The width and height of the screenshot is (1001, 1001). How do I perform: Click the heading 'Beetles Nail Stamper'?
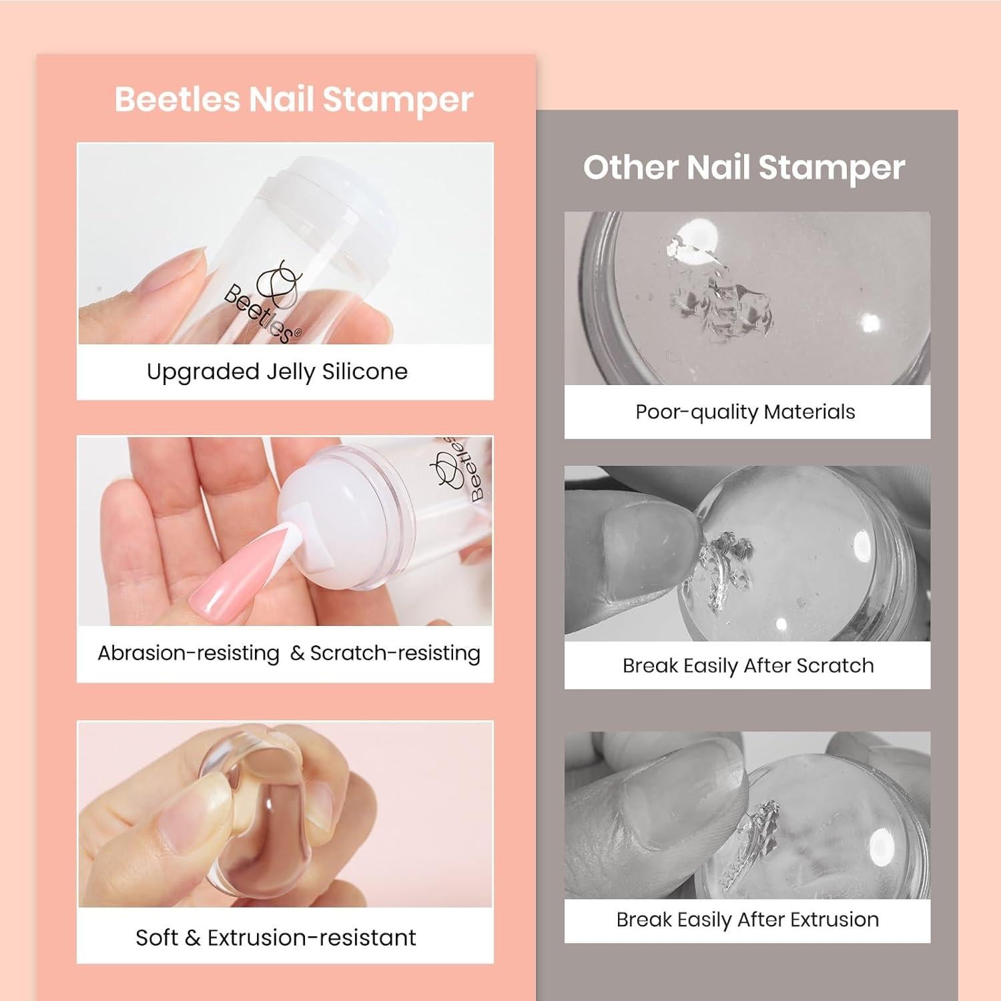click(294, 100)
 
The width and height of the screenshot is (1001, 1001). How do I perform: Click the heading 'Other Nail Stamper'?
click(744, 167)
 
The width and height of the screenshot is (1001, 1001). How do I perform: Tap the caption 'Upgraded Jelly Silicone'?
click(277, 372)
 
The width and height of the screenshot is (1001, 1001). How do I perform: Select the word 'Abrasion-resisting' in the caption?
click(188, 653)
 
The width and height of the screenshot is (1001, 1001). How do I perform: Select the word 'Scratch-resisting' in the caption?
click(395, 653)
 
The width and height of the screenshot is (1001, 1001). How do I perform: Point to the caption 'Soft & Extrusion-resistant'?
click(276, 938)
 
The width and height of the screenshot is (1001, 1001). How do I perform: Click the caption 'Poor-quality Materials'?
click(745, 412)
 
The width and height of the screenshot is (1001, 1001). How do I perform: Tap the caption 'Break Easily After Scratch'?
click(747, 665)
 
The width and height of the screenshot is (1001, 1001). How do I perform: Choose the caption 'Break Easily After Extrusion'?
click(747, 920)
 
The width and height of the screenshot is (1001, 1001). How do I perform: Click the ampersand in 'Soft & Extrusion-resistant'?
click(192, 938)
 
